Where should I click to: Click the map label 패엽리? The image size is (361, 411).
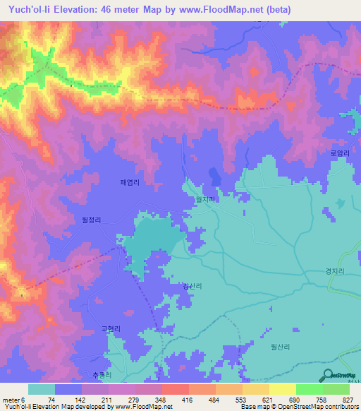coord(130,182)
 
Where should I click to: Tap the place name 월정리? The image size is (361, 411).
coord(92,220)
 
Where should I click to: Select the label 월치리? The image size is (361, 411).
coord(205,200)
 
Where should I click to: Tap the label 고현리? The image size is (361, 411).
coord(111,328)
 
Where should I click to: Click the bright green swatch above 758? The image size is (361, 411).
coord(310,389)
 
